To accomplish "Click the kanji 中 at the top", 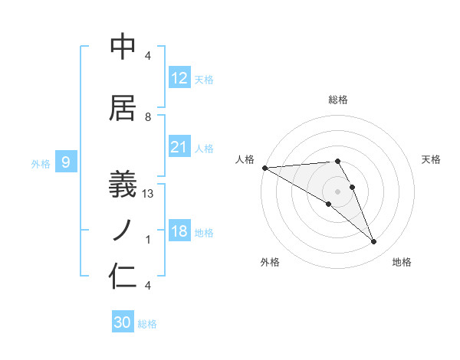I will click(x=123, y=47).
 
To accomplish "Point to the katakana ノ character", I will click(x=123, y=228).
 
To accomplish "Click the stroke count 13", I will click(x=148, y=194).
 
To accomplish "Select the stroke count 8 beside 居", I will click(x=148, y=117).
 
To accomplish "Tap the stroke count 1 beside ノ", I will click(x=148, y=240).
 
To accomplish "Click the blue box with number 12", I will click(x=179, y=78).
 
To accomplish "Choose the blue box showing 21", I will click(x=179, y=147).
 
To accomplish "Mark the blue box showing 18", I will click(x=179, y=231).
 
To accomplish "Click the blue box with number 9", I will click(x=66, y=162).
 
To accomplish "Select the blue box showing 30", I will click(x=122, y=322).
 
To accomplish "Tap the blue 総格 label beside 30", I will click(x=147, y=324).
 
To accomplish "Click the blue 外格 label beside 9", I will click(x=41, y=163).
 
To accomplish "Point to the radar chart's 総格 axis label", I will click(x=337, y=100).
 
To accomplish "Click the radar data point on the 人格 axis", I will click(x=264, y=168).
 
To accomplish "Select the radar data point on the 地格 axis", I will click(x=373, y=241).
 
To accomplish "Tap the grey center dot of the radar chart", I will click(x=337, y=191).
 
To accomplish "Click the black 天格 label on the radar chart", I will click(x=432, y=159).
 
